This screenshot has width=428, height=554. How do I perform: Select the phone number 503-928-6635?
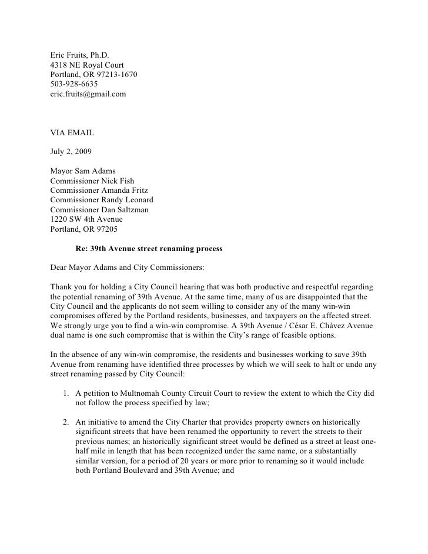point(74,84)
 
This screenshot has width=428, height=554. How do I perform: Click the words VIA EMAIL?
point(68,133)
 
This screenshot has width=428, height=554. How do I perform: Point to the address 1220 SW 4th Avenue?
point(87,219)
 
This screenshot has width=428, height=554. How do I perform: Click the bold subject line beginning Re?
point(149,249)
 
